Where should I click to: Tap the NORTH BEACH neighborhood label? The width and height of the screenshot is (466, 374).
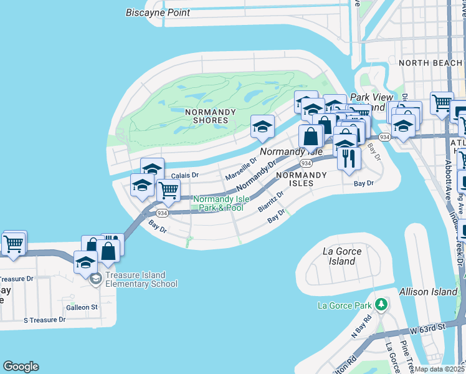(x=430, y=63)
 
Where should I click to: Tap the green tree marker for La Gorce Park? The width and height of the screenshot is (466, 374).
(x=379, y=305)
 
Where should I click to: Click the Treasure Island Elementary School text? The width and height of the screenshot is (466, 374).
(x=135, y=279)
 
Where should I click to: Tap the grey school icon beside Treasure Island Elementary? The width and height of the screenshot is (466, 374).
(x=95, y=278)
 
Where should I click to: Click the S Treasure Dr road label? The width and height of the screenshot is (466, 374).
(x=44, y=320)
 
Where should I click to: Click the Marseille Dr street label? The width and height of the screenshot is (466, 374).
(x=241, y=168)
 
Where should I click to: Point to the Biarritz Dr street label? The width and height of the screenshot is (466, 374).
(x=271, y=201)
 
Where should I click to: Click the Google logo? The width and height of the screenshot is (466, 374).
(x=21, y=367)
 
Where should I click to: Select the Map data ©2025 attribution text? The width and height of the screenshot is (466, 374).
(x=439, y=369)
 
